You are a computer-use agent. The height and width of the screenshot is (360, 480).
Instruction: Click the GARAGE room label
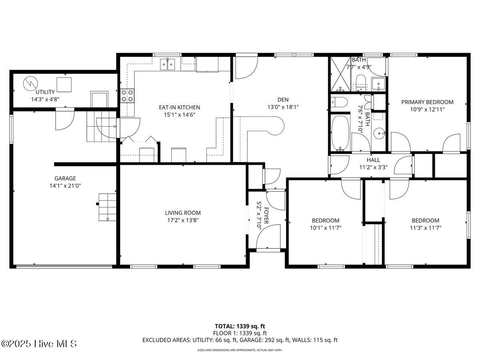coord(65,178)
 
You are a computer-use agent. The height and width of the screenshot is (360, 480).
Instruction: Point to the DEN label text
coord(283,100)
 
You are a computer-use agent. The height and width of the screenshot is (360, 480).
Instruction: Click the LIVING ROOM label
coord(183,213)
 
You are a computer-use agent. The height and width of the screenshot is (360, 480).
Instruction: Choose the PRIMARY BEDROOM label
coord(427,102)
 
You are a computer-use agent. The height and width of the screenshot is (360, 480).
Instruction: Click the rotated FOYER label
coord(264,210)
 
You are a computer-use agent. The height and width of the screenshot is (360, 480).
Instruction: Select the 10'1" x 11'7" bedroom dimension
coord(326,228)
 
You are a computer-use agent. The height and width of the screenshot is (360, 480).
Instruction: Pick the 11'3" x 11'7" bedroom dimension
coord(426,228)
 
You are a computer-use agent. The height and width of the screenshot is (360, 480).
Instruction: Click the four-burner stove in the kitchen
coord(127,96)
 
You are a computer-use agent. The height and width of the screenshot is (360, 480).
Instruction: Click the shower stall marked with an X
coord(340,74)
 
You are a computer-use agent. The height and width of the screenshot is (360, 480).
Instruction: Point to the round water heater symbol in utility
coord(29,83)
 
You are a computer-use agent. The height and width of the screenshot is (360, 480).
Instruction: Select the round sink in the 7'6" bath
coord(379,132)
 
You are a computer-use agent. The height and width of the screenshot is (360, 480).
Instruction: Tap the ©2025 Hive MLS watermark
coord(39,344)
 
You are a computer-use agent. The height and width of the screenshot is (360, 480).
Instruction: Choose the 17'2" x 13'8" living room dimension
coord(183,220)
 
